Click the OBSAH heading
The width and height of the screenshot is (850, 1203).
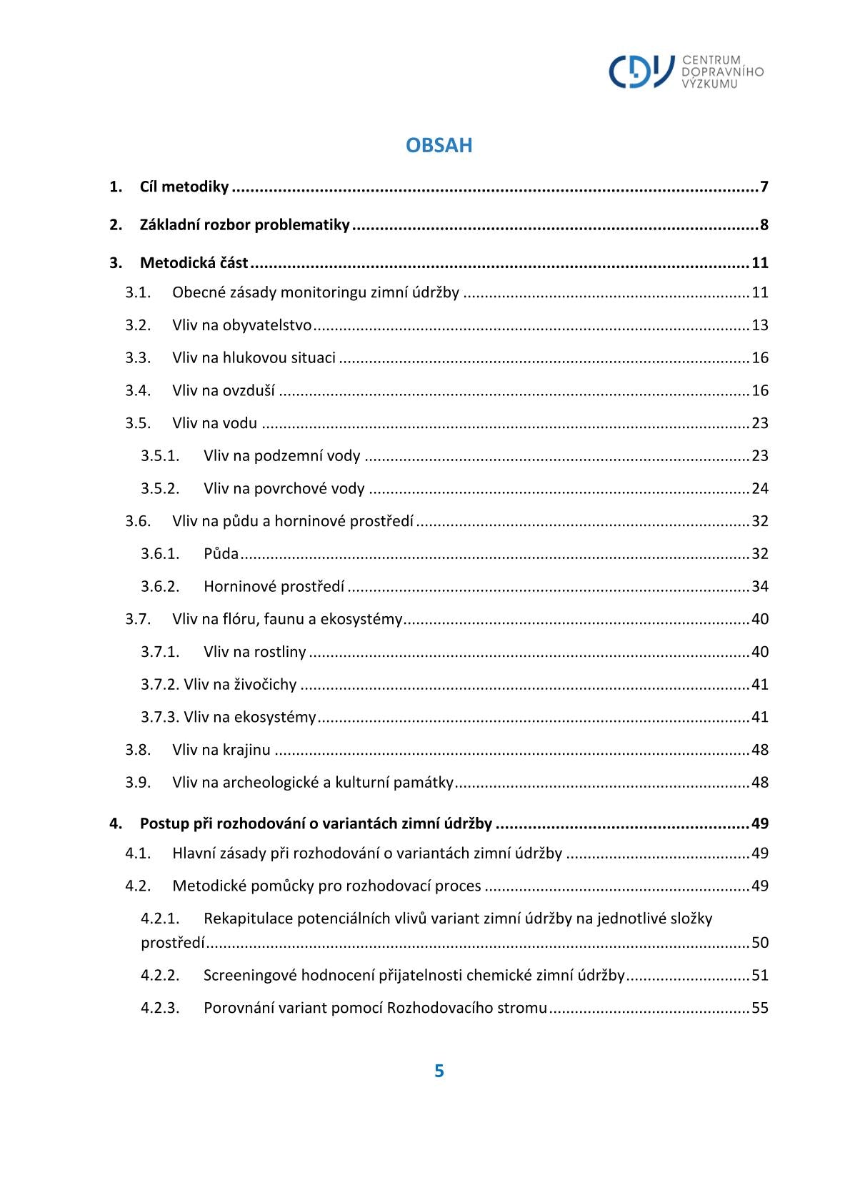coord(439,145)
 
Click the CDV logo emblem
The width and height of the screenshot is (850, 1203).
coord(641,71)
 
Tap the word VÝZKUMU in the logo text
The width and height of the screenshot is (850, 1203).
coord(709,84)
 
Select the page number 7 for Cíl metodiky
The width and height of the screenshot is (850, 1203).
coord(764,187)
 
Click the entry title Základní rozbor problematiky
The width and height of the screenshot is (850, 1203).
coord(244,225)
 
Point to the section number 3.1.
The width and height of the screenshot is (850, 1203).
coord(138,292)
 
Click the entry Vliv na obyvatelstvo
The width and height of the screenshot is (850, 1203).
coord(241,325)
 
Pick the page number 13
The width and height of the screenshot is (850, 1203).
coord(759,325)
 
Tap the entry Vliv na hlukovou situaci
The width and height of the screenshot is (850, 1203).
coord(254,358)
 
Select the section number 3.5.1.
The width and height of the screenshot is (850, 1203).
coord(160,456)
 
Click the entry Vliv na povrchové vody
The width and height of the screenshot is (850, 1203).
coord(284,489)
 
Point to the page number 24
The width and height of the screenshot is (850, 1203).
coord(759,489)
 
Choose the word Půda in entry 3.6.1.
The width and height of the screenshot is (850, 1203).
coord(221,554)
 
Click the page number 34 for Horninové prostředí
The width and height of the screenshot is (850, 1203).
coord(759,587)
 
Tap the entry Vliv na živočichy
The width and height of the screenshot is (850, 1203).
coord(240,685)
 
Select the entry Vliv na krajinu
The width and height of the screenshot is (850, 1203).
coord(221,750)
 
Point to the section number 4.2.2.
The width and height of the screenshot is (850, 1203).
coord(160,976)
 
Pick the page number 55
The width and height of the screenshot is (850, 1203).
coord(759,1009)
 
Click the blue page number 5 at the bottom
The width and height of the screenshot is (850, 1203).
coord(439,1071)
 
